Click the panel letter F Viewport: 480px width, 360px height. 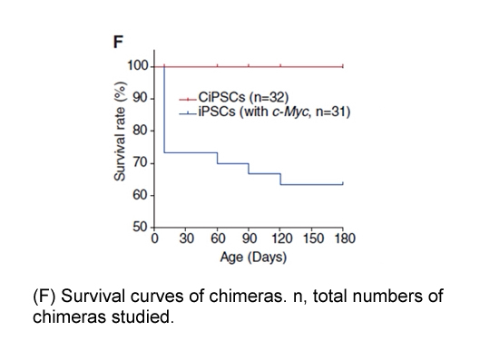(x=118, y=42)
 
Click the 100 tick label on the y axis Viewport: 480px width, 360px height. (x=138, y=66)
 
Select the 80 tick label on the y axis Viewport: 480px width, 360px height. (x=140, y=131)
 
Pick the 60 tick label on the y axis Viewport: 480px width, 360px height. (x=140, y=195)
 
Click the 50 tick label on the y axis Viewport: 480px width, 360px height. (x=140, y=228)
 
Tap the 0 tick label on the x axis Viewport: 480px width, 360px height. (x=154, y=238)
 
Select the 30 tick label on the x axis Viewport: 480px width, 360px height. (x=186, y=238)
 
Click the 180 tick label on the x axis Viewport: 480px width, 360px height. (x=345, y=238)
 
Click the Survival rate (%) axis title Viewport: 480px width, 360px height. (x=120, y=131)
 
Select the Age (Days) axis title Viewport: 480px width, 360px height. (x=253, y=258)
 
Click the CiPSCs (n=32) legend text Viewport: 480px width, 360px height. (x=243, y=97)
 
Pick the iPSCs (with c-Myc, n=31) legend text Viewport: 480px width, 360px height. (x=274, y=112)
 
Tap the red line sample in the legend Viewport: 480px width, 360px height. (x=188, y=99)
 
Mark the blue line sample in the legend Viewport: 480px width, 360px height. (x=188, y=113)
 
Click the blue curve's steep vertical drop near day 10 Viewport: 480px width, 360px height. (x=164, y=109)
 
